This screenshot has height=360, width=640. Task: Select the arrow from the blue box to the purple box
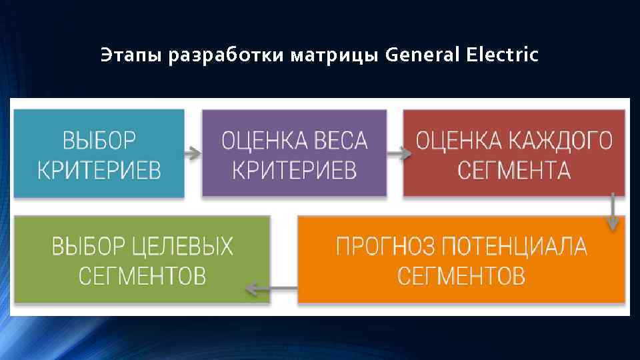pos(193,154)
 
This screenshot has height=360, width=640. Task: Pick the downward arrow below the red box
pos(612,213)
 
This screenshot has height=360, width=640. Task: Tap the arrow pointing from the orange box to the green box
pos(271,289)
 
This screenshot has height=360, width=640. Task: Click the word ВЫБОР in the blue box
pos(99,141)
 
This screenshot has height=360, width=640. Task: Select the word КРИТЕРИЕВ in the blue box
pos(99,170)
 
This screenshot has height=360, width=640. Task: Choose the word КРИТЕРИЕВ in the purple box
pos(294,170)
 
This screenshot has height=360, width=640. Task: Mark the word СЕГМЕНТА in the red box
pos(513,170)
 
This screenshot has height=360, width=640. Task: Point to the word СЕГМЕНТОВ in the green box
pos(142,275)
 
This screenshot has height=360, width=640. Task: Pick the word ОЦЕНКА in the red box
pos(457,141)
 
